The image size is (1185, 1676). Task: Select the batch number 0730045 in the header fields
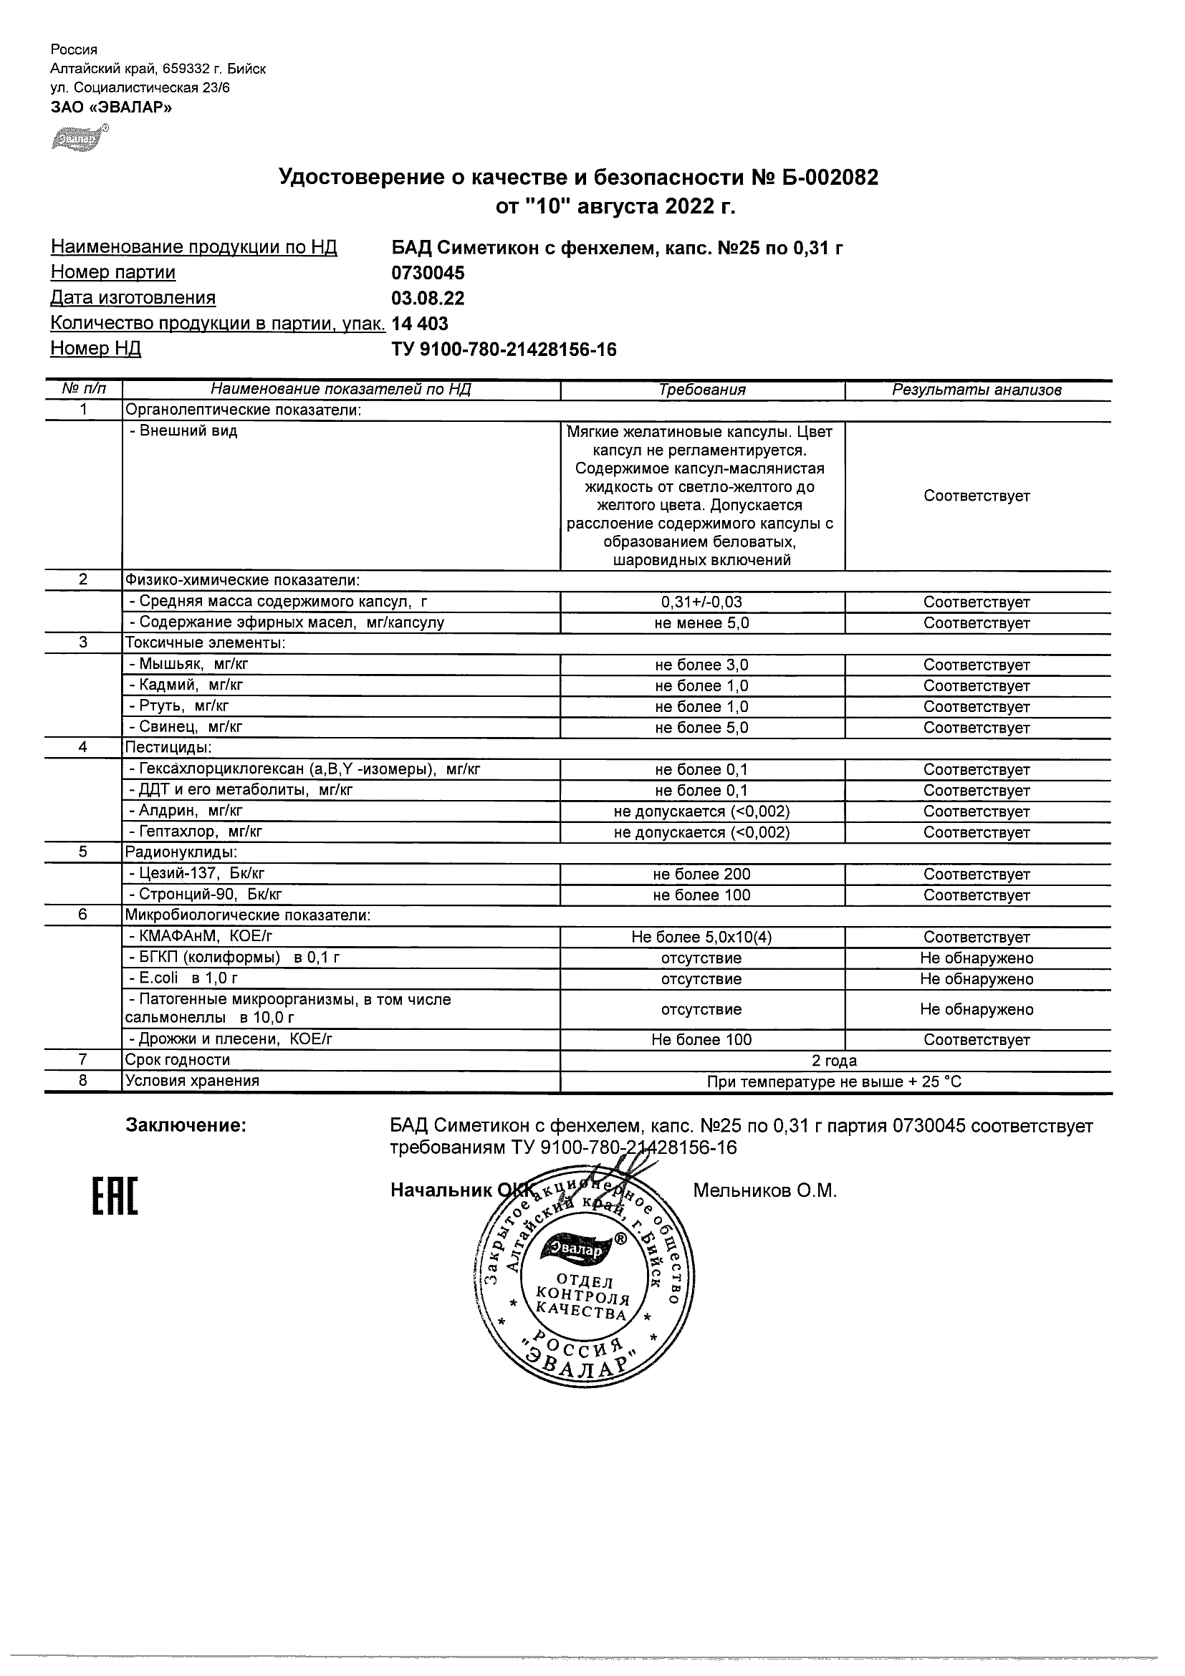coord(428,273)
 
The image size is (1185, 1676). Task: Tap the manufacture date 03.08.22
coord(428,299)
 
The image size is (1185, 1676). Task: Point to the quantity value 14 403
coord(421,324)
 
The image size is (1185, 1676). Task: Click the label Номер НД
coord(96,349)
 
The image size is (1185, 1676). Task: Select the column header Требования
coord(701,390)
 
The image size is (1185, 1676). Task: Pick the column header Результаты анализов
coord(977,390)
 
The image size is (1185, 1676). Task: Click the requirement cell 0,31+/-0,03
coord(701,602)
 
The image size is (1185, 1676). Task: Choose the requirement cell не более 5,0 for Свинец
coord(701,728)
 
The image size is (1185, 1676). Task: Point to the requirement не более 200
coord(701,875)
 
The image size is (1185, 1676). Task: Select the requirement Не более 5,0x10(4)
coord(701,938)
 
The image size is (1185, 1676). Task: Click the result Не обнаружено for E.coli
coord(977,979)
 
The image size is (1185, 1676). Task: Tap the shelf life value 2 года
coord(834,1061)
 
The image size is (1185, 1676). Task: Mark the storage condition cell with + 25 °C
coord(834,1082)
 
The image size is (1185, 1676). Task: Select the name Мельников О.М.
coord(764,1191)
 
